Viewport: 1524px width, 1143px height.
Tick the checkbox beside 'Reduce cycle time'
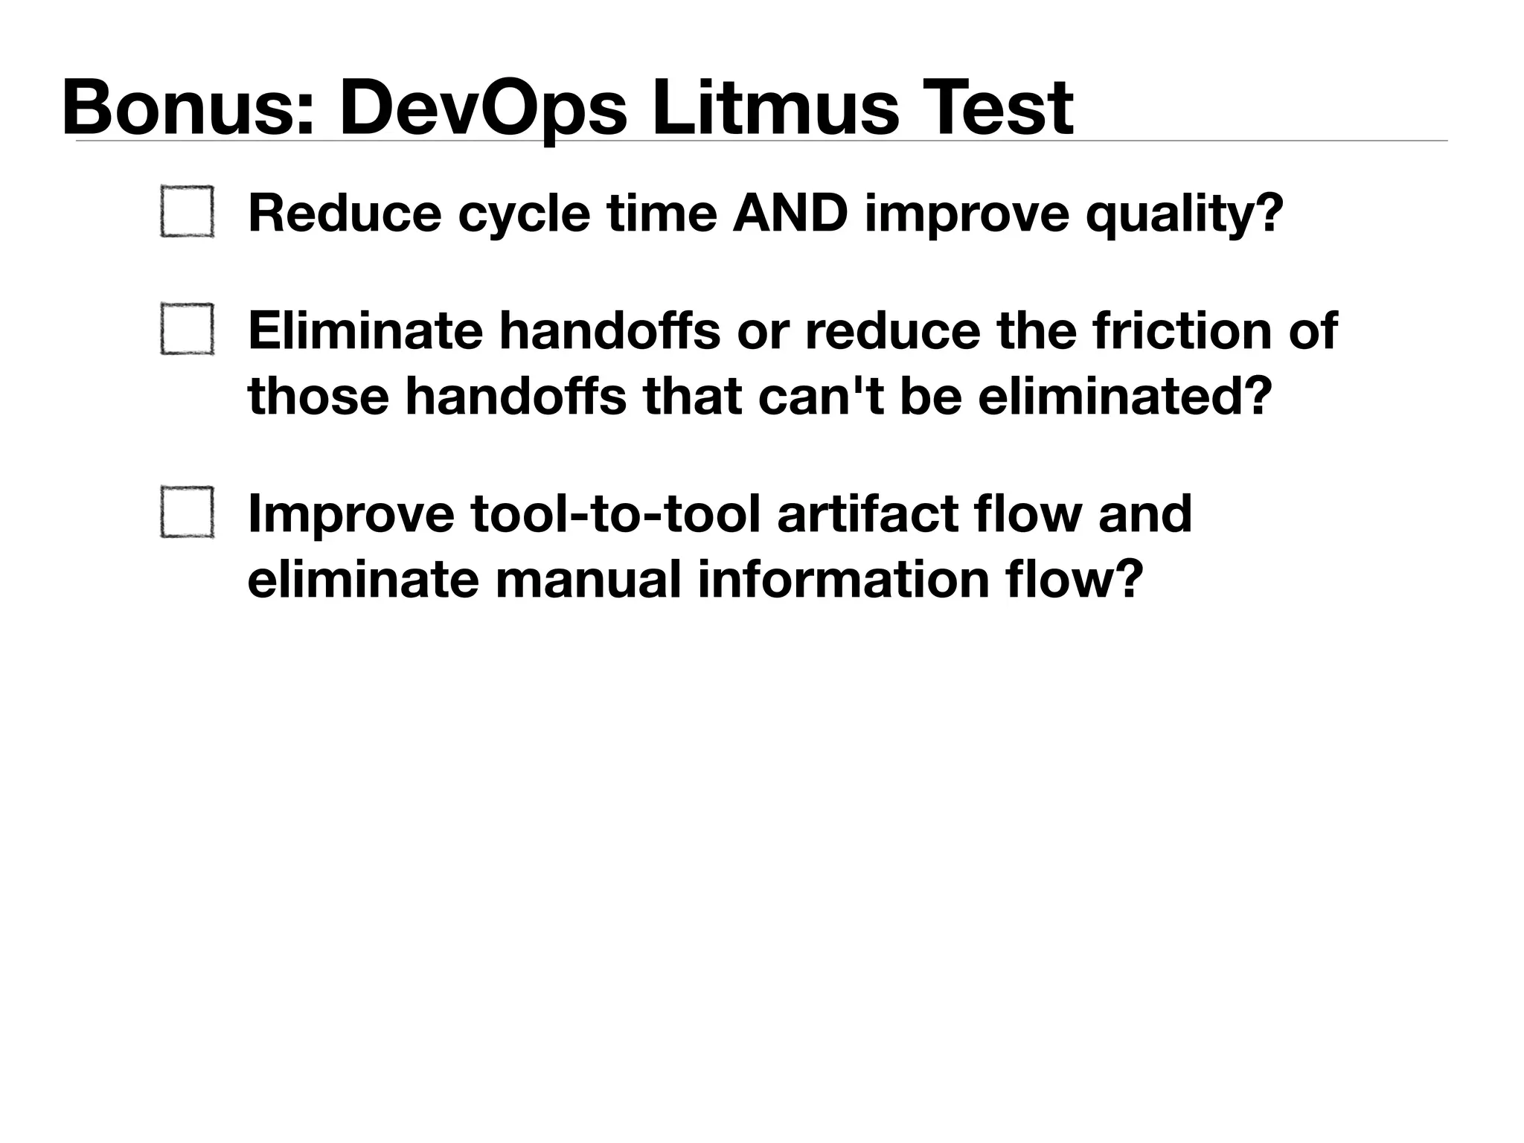tap(187, 212)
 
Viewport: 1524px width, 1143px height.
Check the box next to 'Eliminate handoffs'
tap(187, 329)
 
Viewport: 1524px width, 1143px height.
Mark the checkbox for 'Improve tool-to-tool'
tap(187, 512)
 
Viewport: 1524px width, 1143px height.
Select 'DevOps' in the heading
tap(483, 109)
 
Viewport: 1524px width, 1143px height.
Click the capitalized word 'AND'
tap(790, 213)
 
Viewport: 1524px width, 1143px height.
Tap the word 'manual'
tap(588, 580)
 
